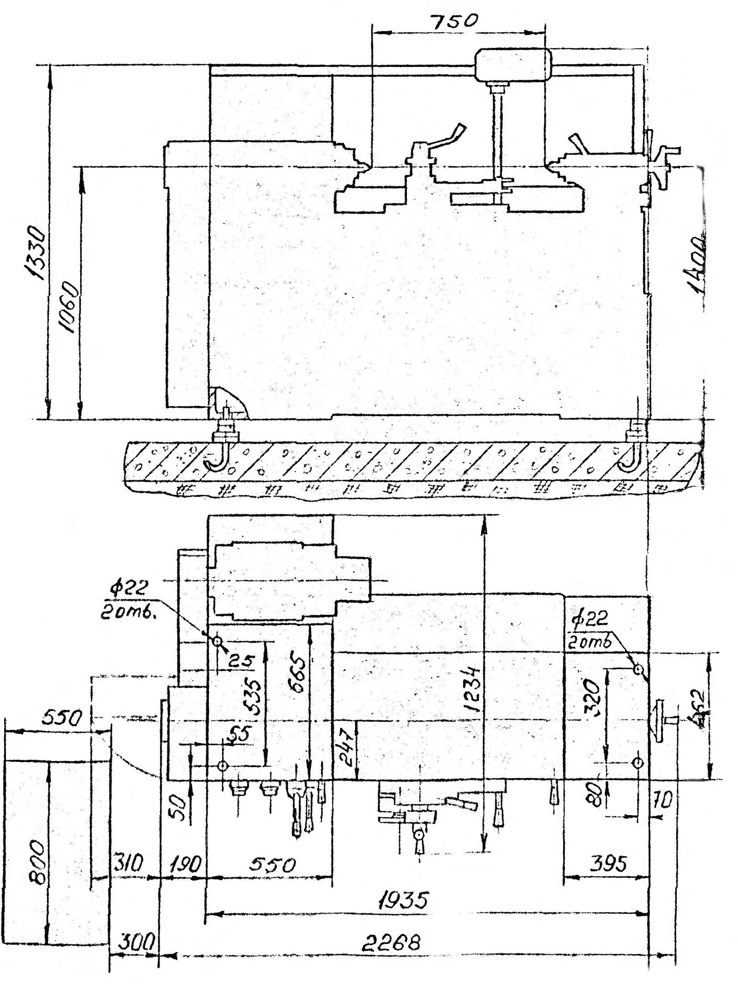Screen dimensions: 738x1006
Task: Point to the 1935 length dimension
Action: click(404, 899)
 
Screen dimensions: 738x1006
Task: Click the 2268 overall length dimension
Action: click(391, 943)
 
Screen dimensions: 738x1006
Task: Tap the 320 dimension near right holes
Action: click(592, 699)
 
